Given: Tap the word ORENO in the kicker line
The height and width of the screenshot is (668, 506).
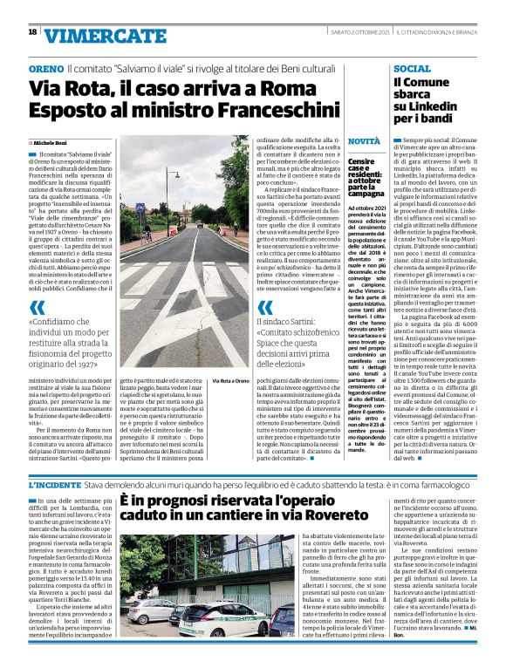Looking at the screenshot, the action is [46, 67].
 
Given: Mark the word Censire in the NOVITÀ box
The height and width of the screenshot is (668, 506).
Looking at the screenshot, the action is [361, 161].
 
